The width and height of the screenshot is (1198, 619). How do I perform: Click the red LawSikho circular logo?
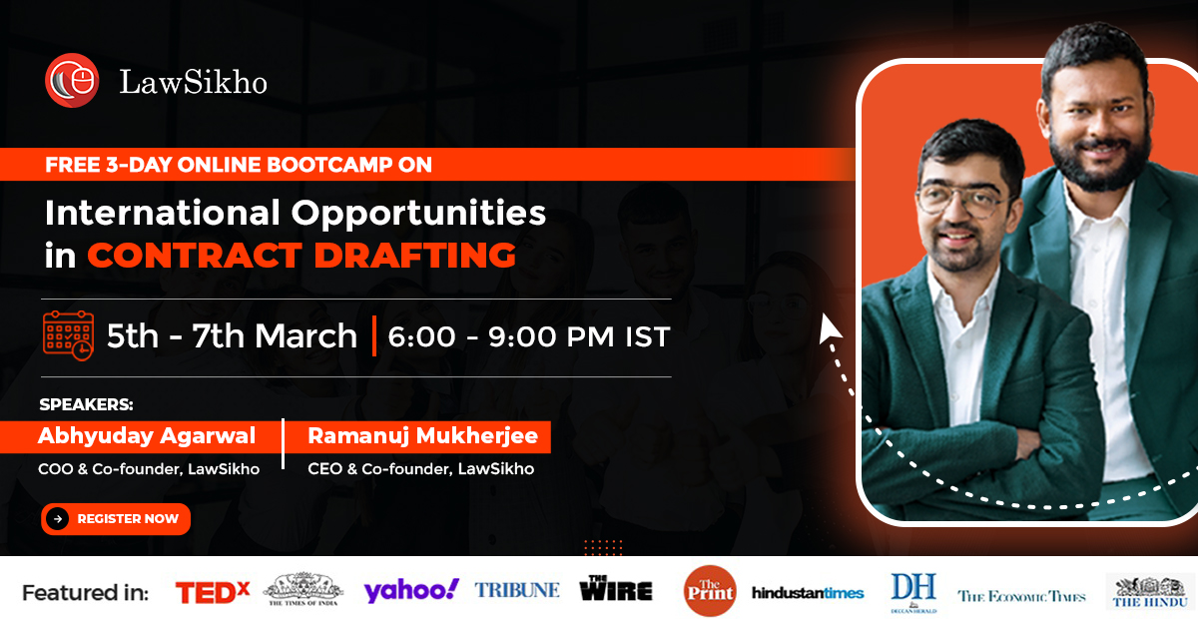[72, 80]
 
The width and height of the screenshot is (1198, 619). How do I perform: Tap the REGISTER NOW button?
[116, 519]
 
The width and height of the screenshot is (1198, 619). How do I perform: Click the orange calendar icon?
[69, 335]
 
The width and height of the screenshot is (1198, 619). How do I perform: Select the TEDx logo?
[213, 593]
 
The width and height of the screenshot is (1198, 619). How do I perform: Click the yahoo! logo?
[410, 591]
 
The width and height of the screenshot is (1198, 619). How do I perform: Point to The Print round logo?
[710, 591]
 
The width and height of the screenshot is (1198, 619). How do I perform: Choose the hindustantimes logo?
[808, 593]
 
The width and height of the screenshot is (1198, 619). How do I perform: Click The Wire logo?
[616, 588]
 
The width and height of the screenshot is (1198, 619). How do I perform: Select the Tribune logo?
[517, 590]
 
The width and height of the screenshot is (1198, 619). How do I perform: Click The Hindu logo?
[1150, 592]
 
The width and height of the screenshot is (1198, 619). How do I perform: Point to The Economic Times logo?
[1021, 596]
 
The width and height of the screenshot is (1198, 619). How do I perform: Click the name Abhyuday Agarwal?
[147, 436]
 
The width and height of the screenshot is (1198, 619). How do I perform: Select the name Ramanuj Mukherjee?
[422, 436]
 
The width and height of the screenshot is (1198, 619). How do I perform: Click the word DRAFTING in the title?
[414, 255]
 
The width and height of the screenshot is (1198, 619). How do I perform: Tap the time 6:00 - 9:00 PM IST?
[529, 337]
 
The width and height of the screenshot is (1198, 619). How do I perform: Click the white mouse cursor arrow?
[830, 328]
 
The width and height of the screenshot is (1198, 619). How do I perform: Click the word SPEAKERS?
[86, 404]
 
